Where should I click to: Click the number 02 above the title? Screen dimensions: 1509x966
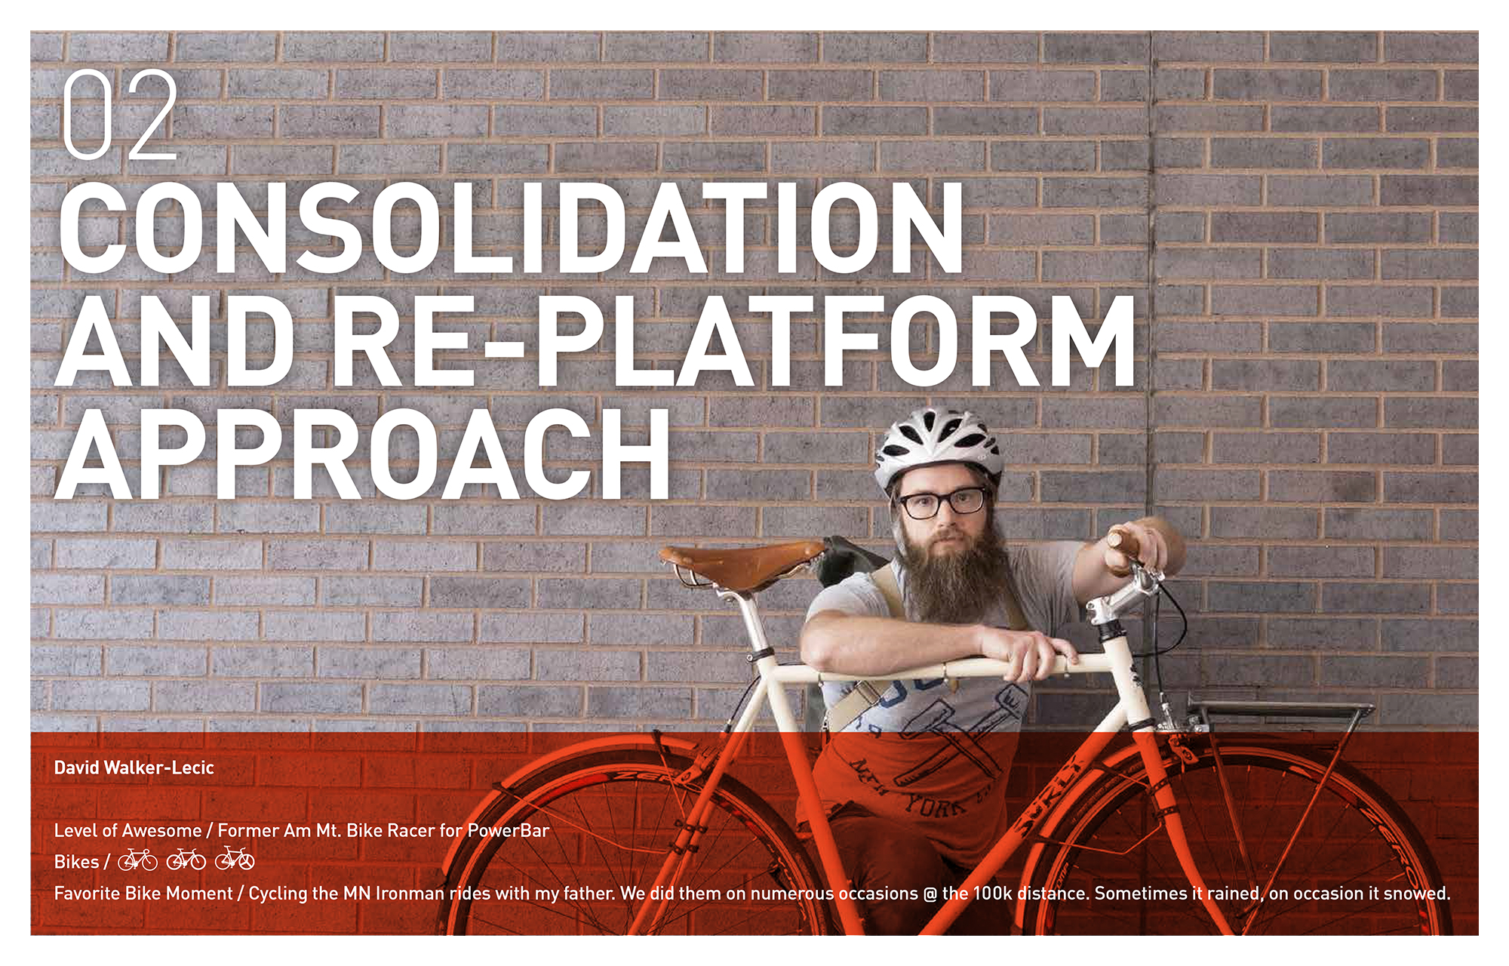[120, 115]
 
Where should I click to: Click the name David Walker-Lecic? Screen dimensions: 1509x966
[134, 768]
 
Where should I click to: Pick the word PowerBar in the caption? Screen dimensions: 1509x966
[509, 831]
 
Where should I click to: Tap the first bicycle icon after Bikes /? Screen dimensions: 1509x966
[137, 860]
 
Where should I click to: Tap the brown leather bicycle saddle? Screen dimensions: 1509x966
[743, 563]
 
